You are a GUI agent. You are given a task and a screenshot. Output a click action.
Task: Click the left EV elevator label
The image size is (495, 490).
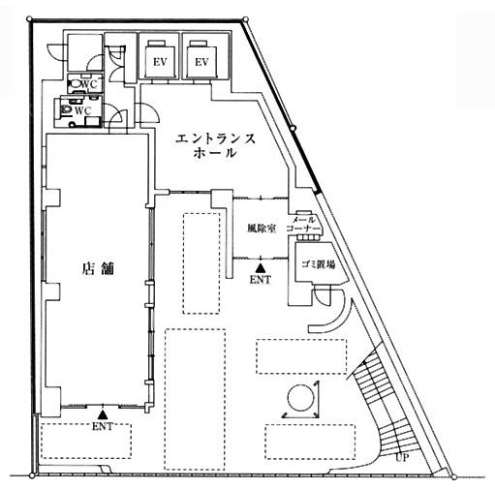[x=160, y=62]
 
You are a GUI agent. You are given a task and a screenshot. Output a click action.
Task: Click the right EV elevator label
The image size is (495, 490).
[x=201, y=62]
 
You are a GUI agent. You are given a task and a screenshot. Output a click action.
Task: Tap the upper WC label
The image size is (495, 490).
[x=89, y=84]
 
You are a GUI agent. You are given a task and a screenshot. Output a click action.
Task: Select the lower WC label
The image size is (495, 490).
[x=83, y=110]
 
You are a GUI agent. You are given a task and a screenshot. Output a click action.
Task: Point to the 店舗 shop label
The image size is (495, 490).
[x=98, y=268]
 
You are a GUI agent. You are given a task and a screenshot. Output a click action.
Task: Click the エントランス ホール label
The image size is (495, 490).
[x=215, y=145]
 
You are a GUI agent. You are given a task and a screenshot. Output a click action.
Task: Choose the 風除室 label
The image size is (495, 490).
[x=262, y=229]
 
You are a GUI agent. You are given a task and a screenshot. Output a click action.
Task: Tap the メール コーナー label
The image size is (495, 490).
[x=303, y=225]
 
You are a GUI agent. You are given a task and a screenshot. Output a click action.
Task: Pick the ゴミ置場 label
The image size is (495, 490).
[x=318, y=264]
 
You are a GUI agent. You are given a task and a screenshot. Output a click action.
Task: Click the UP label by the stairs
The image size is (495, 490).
[x=402, y=457]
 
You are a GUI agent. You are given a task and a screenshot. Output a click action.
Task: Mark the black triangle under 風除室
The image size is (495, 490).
[x=260, y=268]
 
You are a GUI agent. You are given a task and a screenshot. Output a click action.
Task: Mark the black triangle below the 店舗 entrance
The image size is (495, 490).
[x=103, y=414]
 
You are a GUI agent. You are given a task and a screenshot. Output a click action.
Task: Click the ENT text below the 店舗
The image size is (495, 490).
[x=103, y=426]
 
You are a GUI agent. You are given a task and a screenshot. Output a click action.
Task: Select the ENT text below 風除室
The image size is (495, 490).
[x=261, y=280]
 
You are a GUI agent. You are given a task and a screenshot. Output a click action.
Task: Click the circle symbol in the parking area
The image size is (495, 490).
[x=301, y=397]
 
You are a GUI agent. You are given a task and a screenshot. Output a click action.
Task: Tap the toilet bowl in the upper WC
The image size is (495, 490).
[x=76, y=83]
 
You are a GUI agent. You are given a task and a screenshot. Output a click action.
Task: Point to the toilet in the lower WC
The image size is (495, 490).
[x=66, y=109]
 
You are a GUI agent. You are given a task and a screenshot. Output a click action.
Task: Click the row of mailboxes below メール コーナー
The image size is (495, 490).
[x=308, y=237]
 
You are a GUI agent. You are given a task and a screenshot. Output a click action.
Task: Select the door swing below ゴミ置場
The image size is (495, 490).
[x=322, y=296]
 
